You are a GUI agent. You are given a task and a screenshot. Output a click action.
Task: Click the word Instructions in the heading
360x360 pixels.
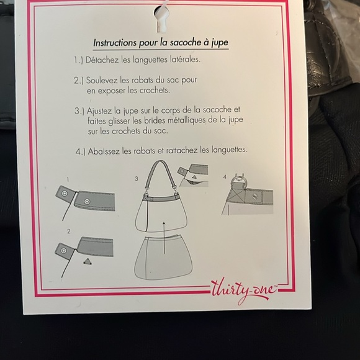point(115,43)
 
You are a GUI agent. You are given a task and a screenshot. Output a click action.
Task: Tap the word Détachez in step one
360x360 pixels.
point(102,60)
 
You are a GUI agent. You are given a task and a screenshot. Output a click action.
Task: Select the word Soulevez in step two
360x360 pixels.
point(102,80)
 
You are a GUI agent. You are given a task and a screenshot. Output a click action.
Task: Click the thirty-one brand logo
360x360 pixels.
point(244,290)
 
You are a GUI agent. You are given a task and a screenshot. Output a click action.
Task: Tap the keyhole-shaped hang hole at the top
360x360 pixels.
point(161,19)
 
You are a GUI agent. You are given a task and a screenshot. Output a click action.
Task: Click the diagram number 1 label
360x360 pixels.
point(68,179)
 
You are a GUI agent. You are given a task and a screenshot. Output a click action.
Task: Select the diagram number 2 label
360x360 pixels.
point(68,231)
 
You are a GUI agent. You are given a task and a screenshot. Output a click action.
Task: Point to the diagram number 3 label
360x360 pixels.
point(137,179)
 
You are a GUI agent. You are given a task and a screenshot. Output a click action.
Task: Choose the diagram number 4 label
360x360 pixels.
point(225,177)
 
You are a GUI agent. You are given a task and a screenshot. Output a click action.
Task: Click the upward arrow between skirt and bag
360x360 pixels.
point(164,238)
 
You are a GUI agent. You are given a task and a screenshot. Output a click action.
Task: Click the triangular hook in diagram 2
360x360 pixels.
point(88,261)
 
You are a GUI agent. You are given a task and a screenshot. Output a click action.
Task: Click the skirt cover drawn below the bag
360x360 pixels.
point(163,258)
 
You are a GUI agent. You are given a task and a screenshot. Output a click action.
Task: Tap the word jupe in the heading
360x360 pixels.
point(220,43)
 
